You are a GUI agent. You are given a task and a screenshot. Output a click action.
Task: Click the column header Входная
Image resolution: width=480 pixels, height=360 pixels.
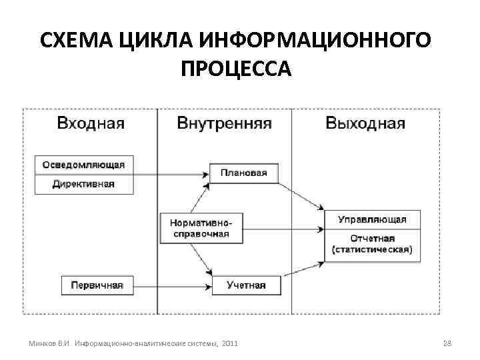(x=91, y=123)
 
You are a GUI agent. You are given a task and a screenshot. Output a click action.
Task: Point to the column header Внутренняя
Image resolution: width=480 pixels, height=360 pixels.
(x=224, y=123)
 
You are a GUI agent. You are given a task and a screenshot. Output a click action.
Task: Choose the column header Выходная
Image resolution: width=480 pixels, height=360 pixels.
(x=365, y=123)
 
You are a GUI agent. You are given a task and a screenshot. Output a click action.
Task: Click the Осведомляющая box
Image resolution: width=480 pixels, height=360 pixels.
(x=84, y=164)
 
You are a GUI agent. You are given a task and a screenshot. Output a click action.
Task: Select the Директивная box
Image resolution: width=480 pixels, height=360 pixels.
(x=84, y=183)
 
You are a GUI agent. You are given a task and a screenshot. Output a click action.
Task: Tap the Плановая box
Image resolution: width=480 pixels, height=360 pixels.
(x=243, y=173)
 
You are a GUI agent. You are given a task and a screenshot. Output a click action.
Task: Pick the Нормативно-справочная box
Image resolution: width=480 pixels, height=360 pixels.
(x=201, y=229)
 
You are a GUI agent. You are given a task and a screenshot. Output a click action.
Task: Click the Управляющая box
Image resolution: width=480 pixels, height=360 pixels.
(x=372, y=219)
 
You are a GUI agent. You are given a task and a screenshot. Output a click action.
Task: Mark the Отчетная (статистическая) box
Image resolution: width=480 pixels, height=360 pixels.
(x=372, y=244)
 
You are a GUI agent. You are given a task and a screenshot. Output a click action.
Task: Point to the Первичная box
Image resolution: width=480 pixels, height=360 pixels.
(x=93, y=285)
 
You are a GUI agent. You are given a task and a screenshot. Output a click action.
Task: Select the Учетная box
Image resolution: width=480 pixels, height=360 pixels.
(x=246, y=285)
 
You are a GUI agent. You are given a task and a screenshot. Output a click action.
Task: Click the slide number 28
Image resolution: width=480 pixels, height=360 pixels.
(x=447, y=343)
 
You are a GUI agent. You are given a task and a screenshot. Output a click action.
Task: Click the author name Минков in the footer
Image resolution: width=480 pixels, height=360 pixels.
(x=43, y=343)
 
